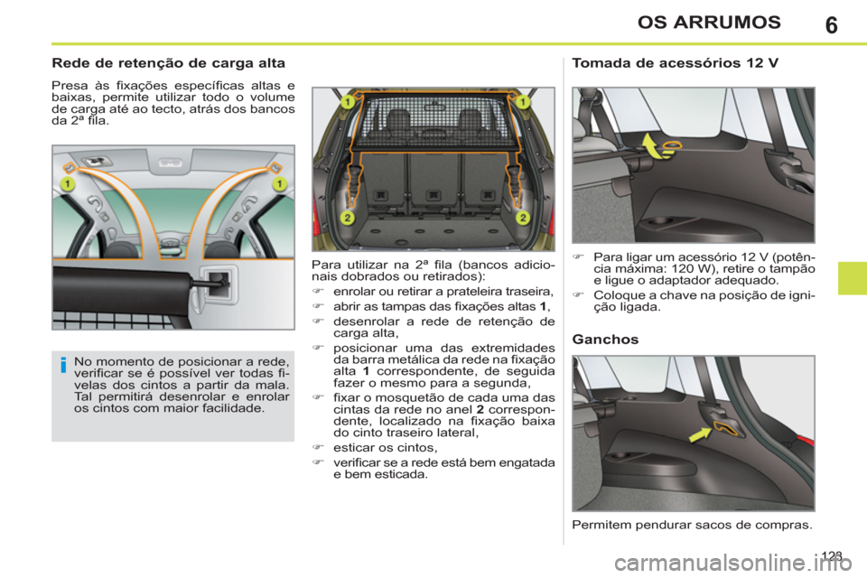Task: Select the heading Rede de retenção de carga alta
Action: pos(170,64)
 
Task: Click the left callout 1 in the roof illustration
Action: pos(67,184)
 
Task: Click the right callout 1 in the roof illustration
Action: pos(279,184)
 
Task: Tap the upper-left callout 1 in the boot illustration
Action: pos(347,104)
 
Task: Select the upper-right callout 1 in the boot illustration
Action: pos(521,104)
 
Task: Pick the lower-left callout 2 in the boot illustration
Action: pos(347,218)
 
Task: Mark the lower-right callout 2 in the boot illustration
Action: pos(522,218)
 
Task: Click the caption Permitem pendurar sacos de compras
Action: pos(693,524)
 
